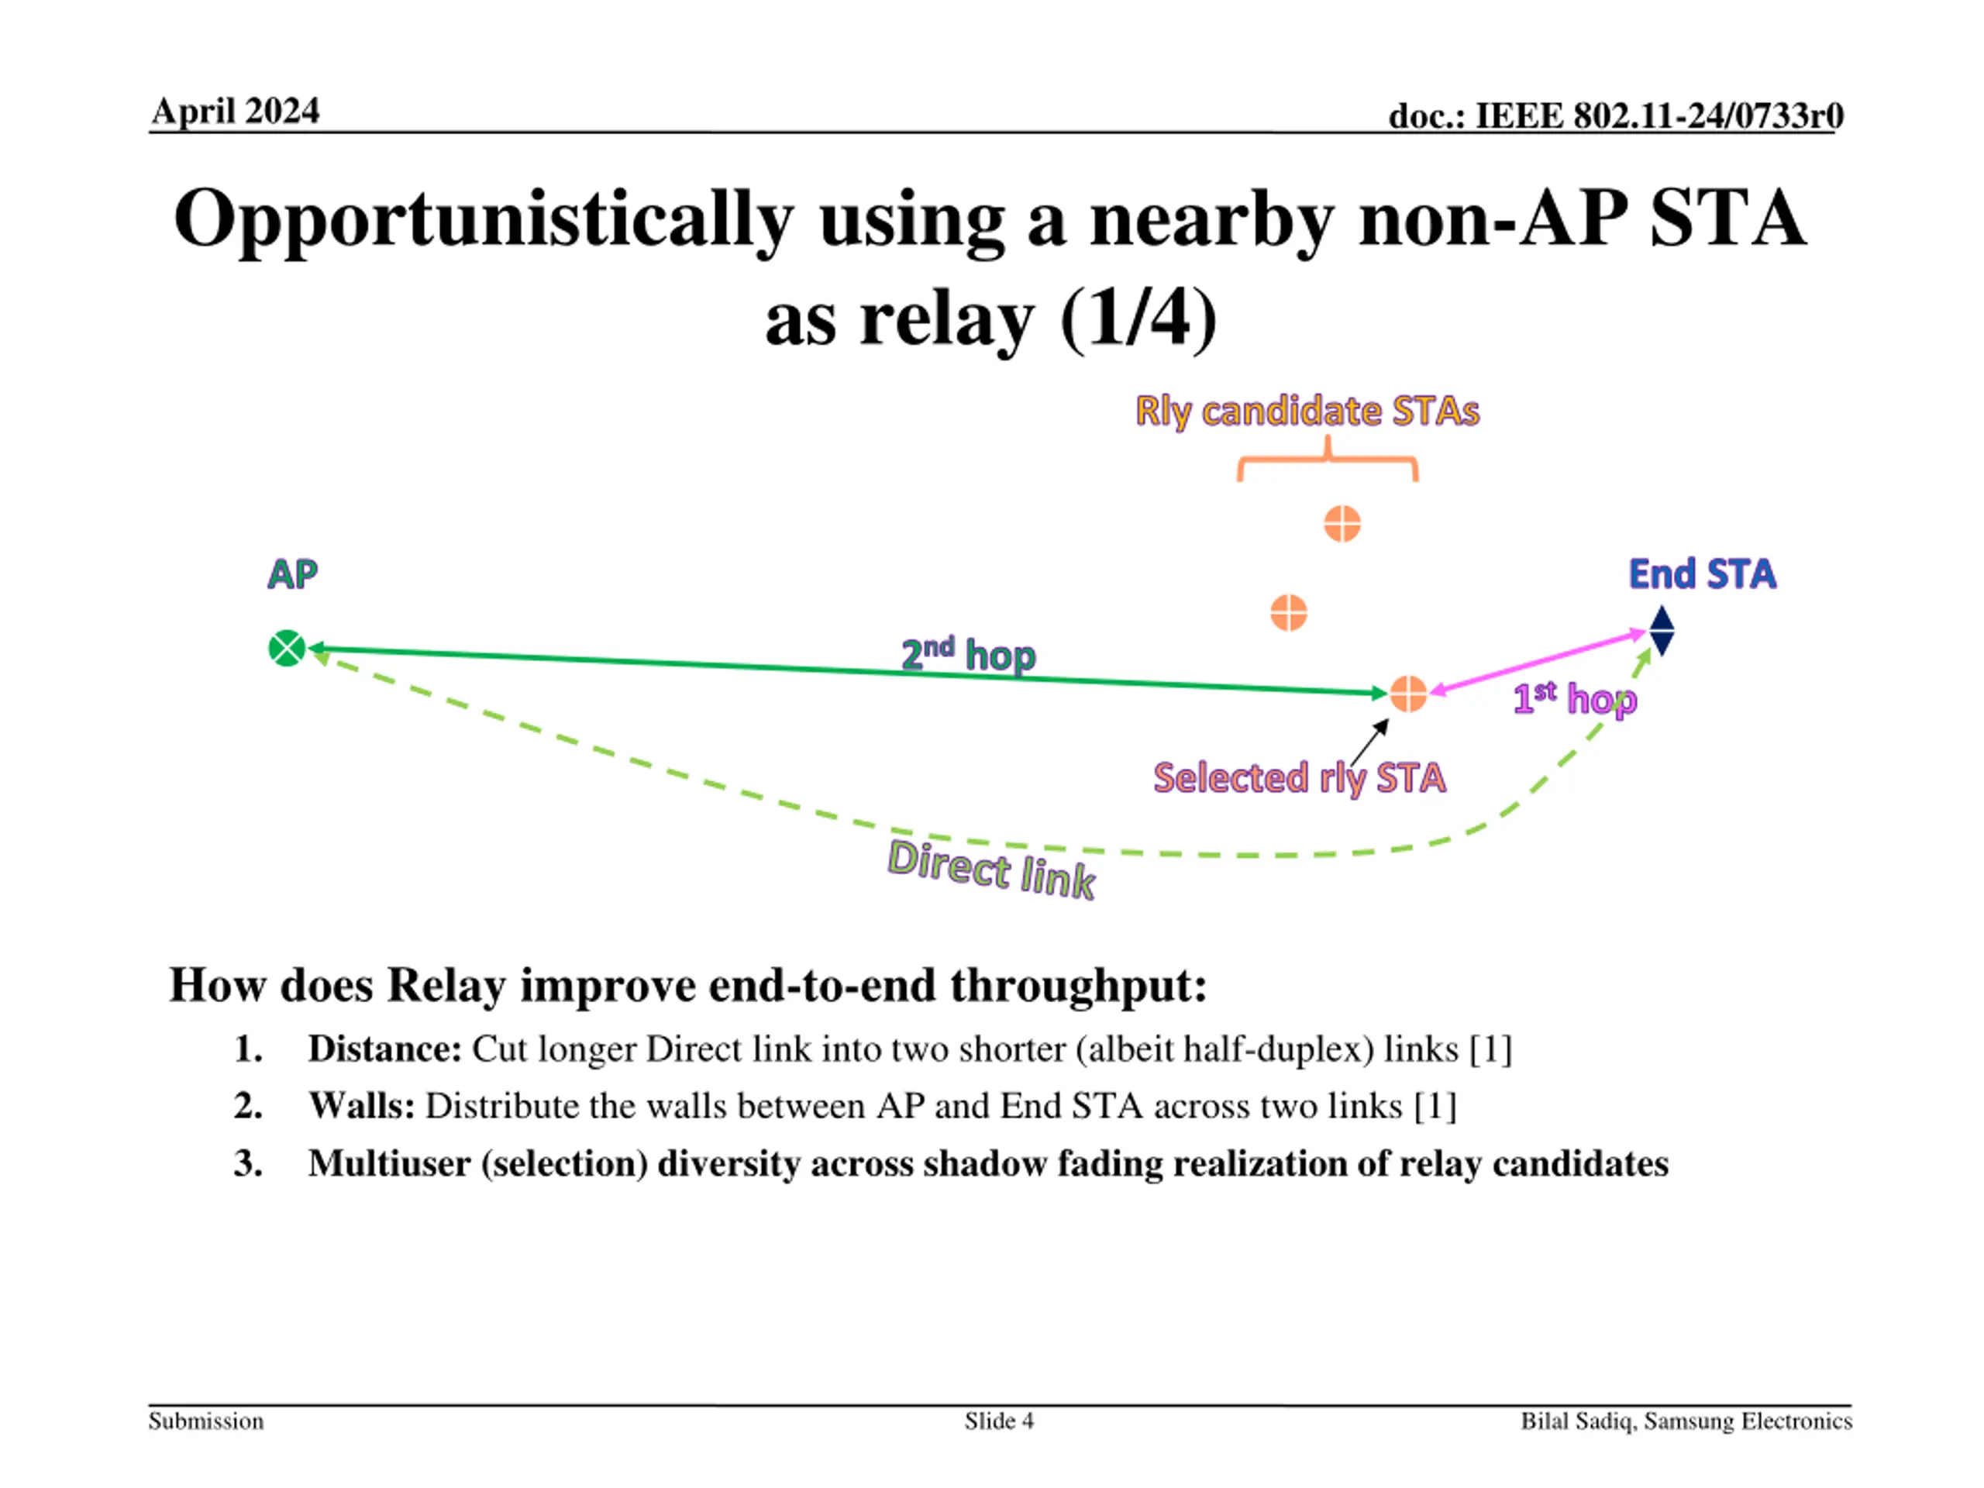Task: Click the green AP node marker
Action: [287, 649]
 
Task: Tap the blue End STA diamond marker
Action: [1661, 631]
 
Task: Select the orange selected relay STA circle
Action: [1408, 694]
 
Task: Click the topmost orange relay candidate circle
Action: [1342, 524]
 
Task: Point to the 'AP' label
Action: [292, 574]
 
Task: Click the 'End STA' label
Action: [1701, 574]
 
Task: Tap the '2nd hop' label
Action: [968, 654]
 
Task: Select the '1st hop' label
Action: [1574, 699]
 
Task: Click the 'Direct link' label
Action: [991, 869]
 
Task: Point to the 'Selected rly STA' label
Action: [1299, 777]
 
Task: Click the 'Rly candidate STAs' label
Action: [1307, 411]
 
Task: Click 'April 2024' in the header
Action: [235, 112]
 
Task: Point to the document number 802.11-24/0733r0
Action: [1614, 115]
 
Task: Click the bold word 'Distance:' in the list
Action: [384, 1049]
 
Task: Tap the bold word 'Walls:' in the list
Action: [361, 1106]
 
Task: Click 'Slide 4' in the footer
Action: [998, 1421]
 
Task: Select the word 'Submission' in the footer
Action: [206, 1421]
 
